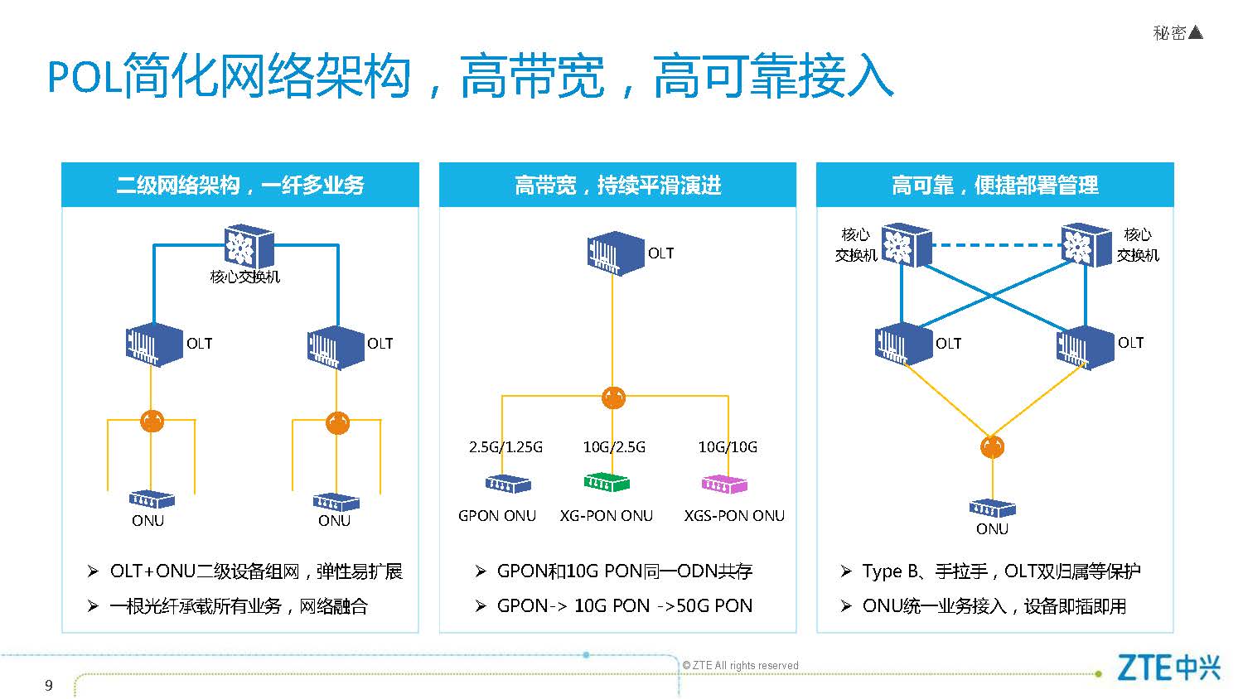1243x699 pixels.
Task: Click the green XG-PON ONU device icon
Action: tap(606, 483)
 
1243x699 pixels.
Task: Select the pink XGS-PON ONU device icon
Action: tap(724, 484)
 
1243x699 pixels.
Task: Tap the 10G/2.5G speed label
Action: tap(614, 447)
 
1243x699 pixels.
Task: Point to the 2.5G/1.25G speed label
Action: tap(505, 447)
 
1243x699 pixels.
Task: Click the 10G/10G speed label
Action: tap(728, 447)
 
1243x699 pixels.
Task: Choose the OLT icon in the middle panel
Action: tap(616, 253)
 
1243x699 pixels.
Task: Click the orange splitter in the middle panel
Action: tap(613, 398)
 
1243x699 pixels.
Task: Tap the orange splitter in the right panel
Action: tap(992, 447)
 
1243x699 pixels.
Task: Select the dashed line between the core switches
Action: tap(997, 244)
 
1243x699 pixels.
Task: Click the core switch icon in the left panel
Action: tap(249, 246)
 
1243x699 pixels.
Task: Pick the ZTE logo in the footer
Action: tap(1168, 668)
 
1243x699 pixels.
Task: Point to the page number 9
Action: tap(49, 686)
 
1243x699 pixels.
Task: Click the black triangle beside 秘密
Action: tap(1196, 33)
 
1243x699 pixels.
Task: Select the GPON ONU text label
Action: tap(497, 516)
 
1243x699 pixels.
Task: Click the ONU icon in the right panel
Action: tap(992, 509)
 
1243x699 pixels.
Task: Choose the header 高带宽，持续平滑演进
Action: tap(617, 185)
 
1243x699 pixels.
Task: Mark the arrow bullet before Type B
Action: tap(846, 571)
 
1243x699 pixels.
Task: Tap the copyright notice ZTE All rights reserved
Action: tap(740, 665)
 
